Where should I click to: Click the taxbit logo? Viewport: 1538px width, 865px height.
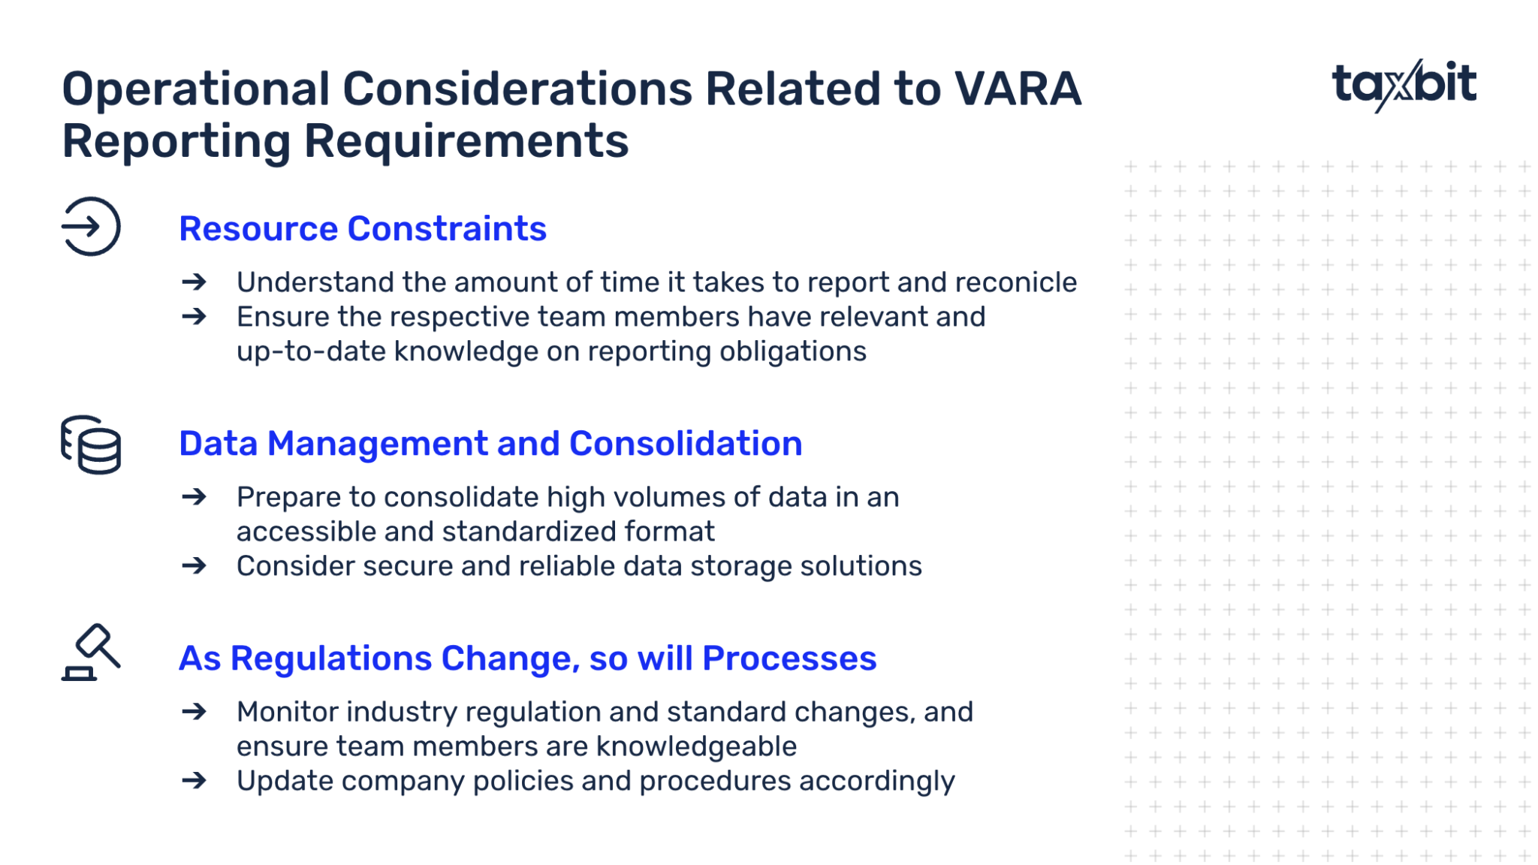point(1403,85)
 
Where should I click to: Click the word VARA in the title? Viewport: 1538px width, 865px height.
point(1018,89)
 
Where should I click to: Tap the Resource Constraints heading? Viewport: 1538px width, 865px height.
point(362,229)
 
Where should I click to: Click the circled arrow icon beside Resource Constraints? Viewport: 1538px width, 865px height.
point(91,227)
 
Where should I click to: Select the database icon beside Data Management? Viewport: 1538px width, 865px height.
point(91,445)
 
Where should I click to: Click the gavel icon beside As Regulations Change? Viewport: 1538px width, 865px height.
point(91,653)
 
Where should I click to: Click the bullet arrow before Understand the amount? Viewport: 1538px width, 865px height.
point(195,282)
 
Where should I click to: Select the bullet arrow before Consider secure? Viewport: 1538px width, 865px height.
point(195,566)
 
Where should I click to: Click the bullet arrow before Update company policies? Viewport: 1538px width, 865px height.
point(195,781)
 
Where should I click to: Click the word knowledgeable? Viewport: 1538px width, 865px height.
point(696,746)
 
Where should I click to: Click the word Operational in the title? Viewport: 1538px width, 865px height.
point(195,89)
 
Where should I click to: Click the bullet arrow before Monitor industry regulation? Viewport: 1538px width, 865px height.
point(195,712)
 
